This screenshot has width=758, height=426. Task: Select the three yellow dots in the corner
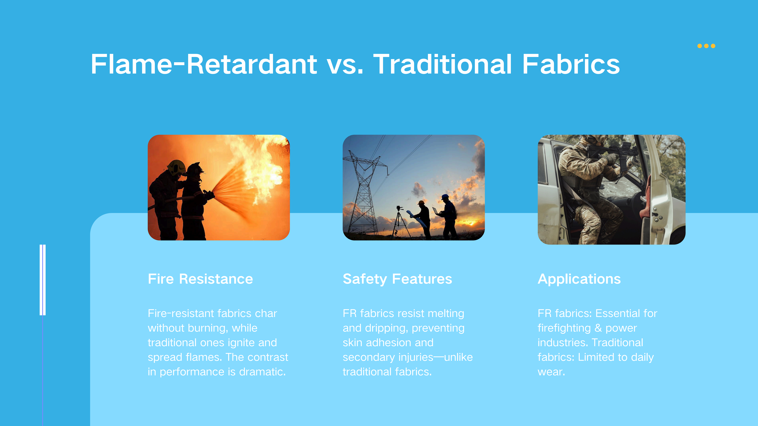coord(706,46)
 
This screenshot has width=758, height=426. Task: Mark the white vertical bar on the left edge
coord(43,280)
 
